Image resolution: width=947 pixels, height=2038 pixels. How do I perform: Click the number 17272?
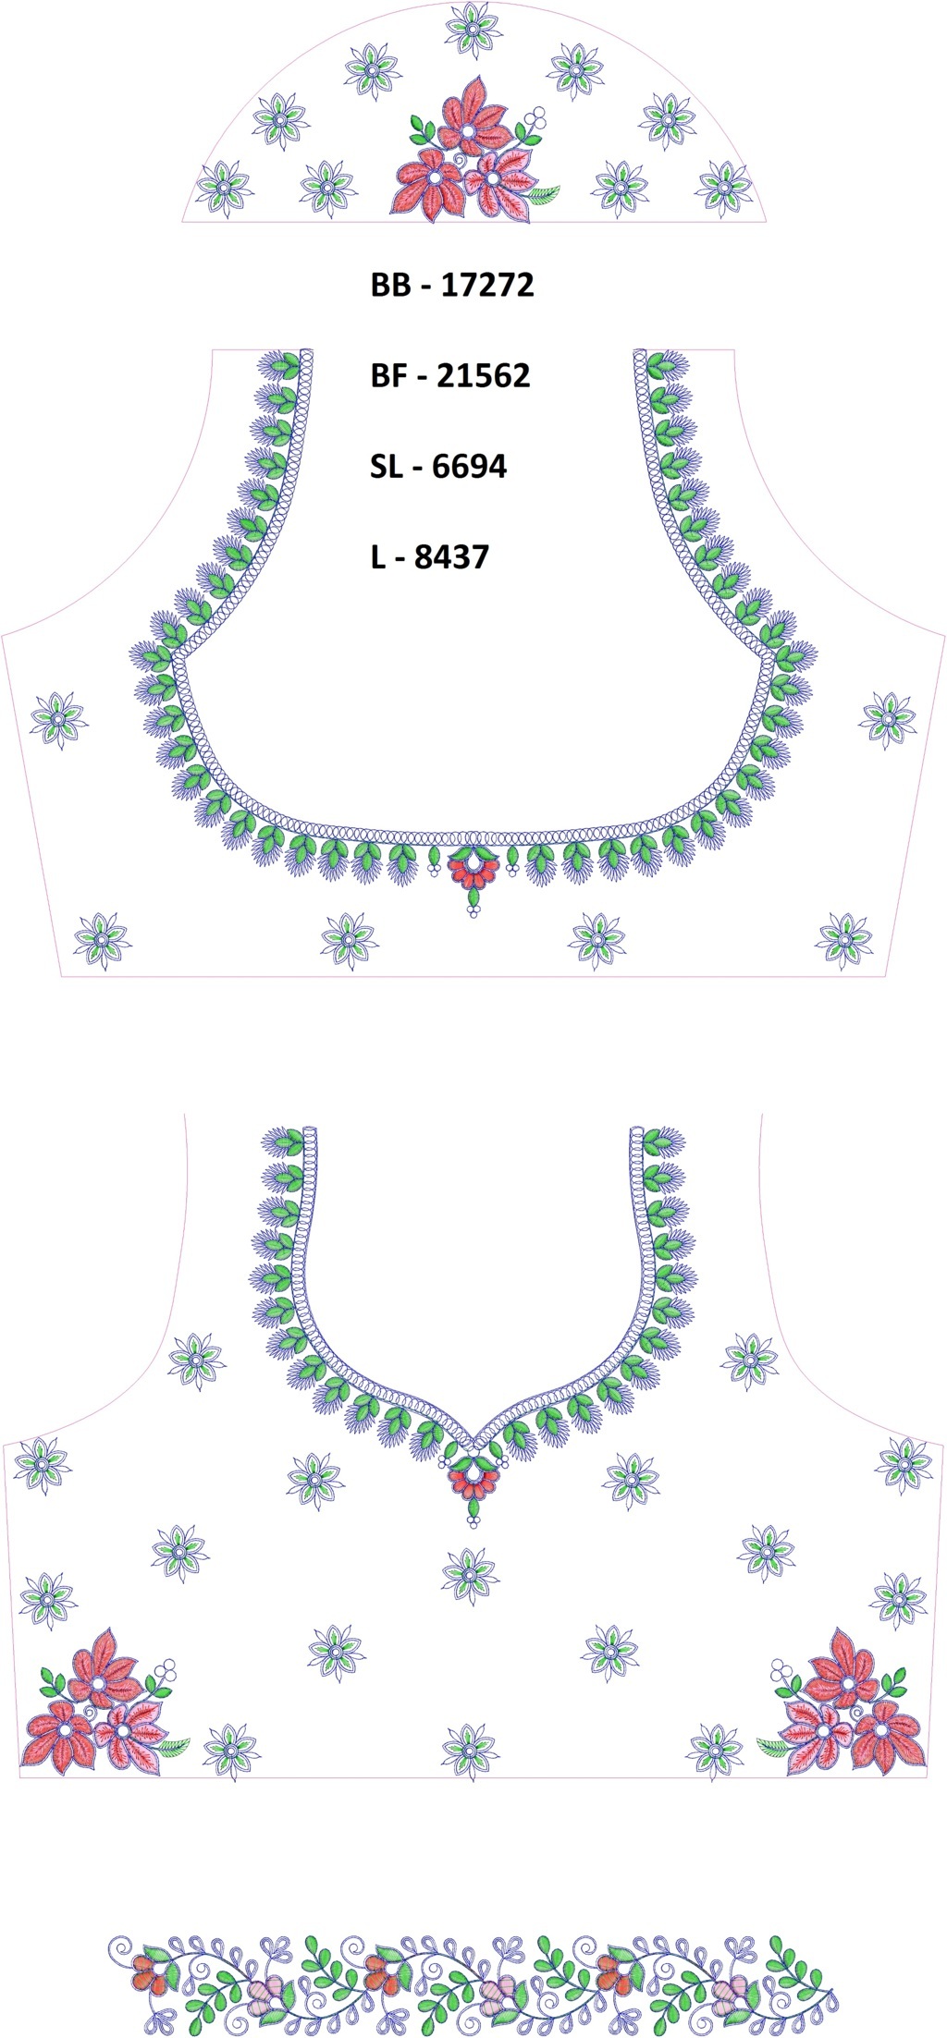click(487, 285)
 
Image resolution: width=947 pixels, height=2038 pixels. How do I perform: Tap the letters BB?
click(389, 285)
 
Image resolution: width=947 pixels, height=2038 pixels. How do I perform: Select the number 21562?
click(484, 375)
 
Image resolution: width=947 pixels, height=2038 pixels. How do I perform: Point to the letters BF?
click(387, 375)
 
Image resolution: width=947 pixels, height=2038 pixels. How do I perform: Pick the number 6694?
click(469, 466)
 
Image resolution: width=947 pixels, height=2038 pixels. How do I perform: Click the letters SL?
click(386, 466)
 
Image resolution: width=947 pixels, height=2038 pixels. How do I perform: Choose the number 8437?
click(451, 556)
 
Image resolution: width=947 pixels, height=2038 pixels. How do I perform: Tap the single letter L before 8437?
click(377, 556)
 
